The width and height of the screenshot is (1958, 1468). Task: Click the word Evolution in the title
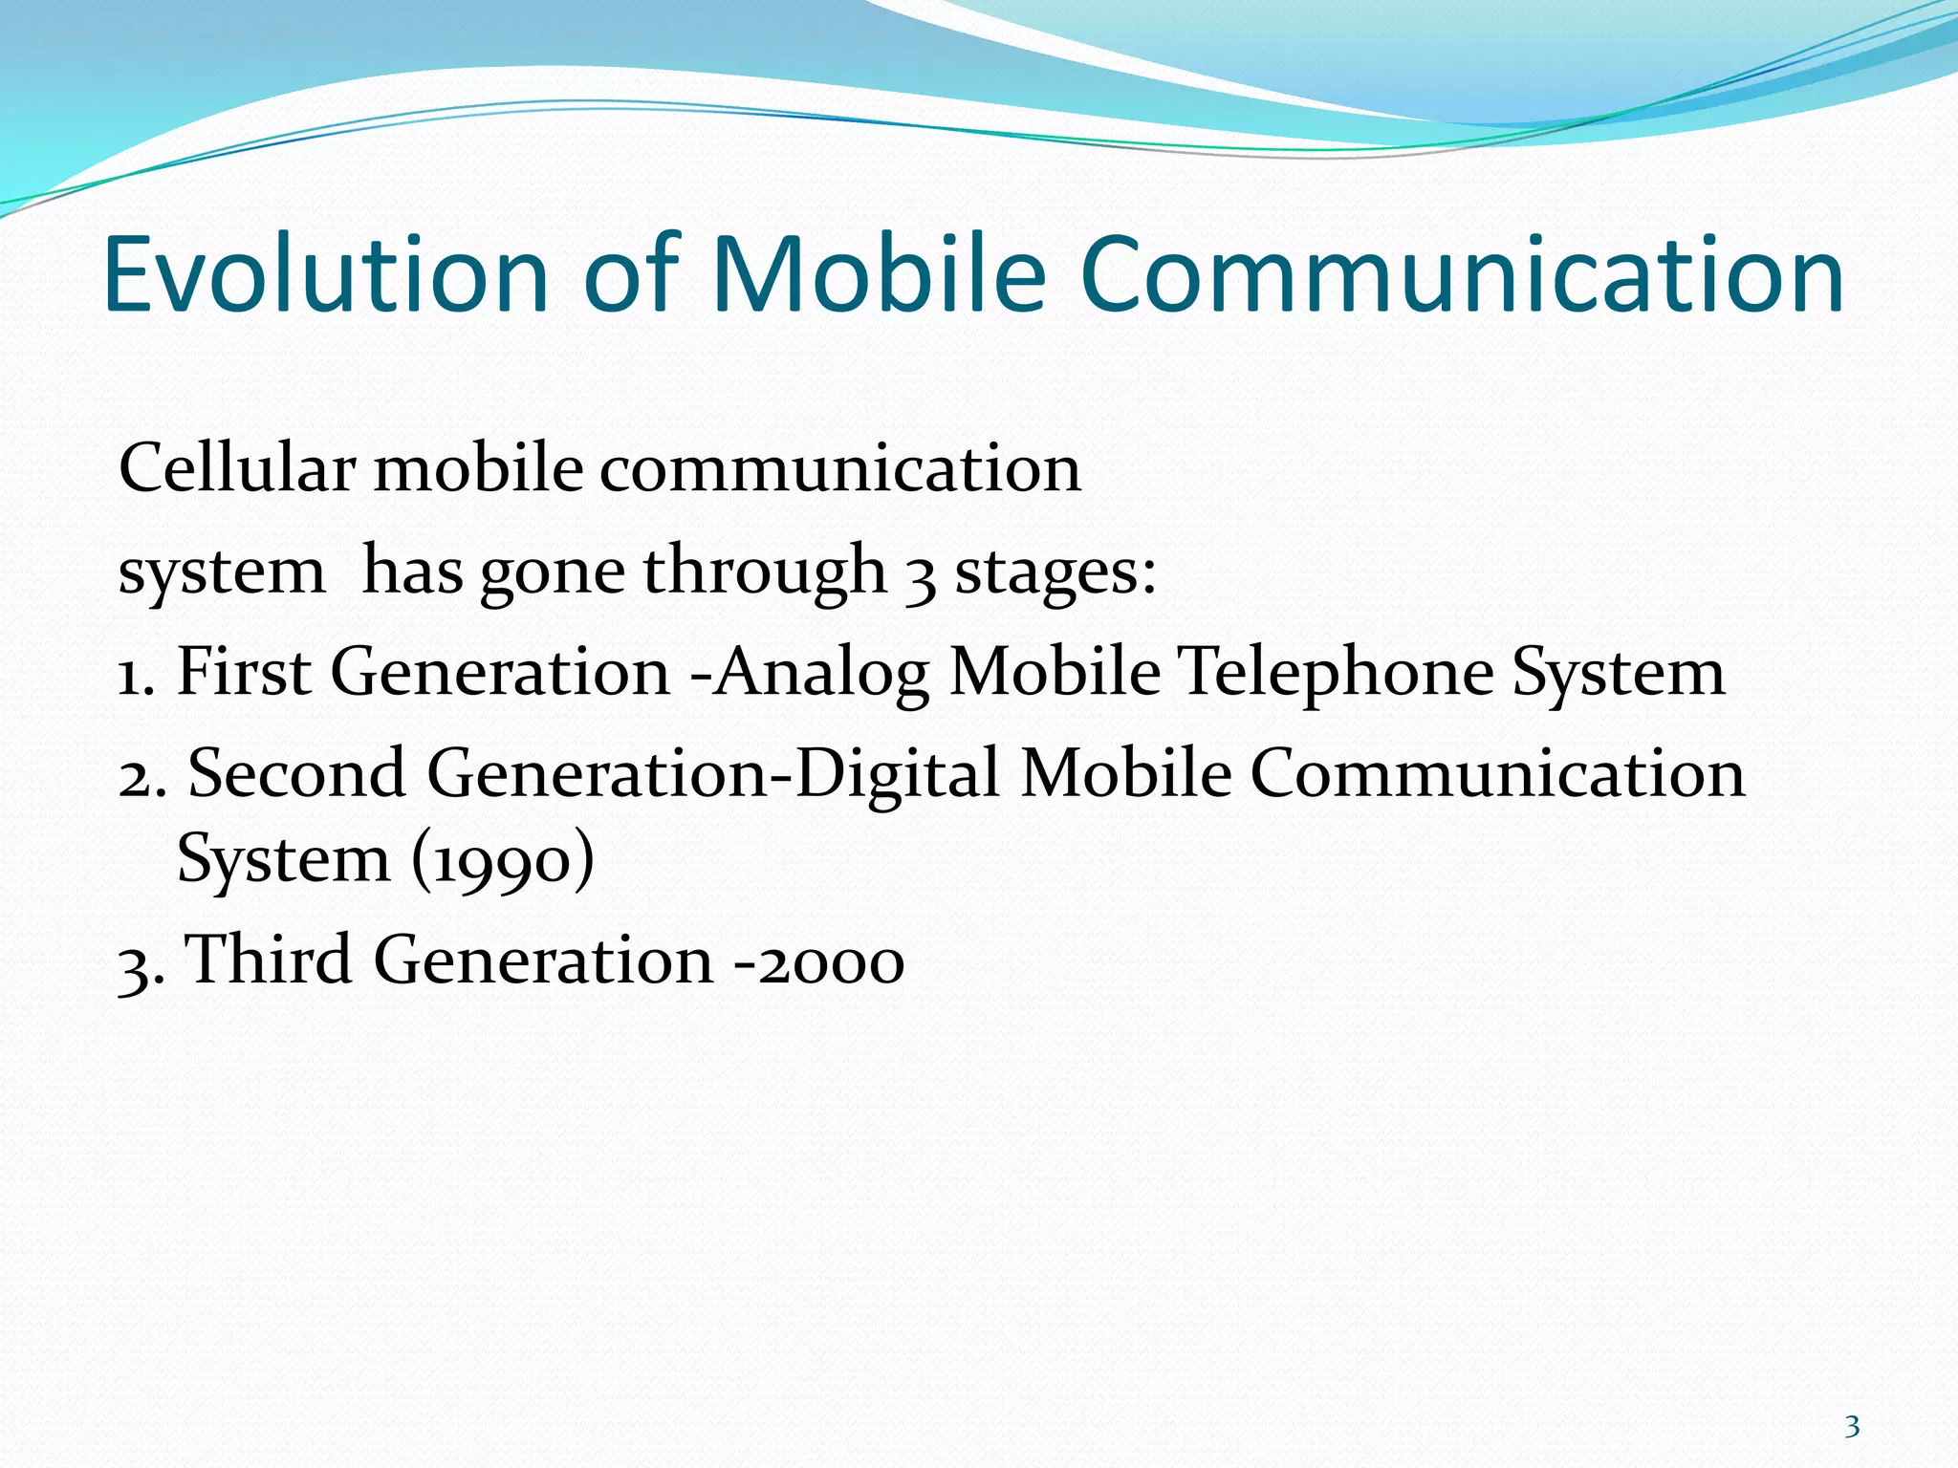(x=326, y=274)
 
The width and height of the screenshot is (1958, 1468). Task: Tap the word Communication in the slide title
(x=1462, y=274)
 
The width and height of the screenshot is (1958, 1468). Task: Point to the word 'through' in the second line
(x=765, y=572)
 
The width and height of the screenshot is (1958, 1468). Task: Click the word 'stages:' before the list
(x=1055, y=572)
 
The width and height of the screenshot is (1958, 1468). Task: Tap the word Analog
(x=822, y=673)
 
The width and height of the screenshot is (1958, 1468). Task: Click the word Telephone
(x=1335, y=673)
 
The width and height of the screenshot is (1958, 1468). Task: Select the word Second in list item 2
(x=296, y=773)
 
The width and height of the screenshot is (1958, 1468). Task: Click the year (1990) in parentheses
(x=503, y=859)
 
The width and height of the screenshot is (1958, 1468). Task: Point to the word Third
(x=267, y=960)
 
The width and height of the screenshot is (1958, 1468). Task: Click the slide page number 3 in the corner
(x=1852, y=1427)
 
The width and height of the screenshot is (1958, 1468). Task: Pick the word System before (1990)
(x=283, y=859)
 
